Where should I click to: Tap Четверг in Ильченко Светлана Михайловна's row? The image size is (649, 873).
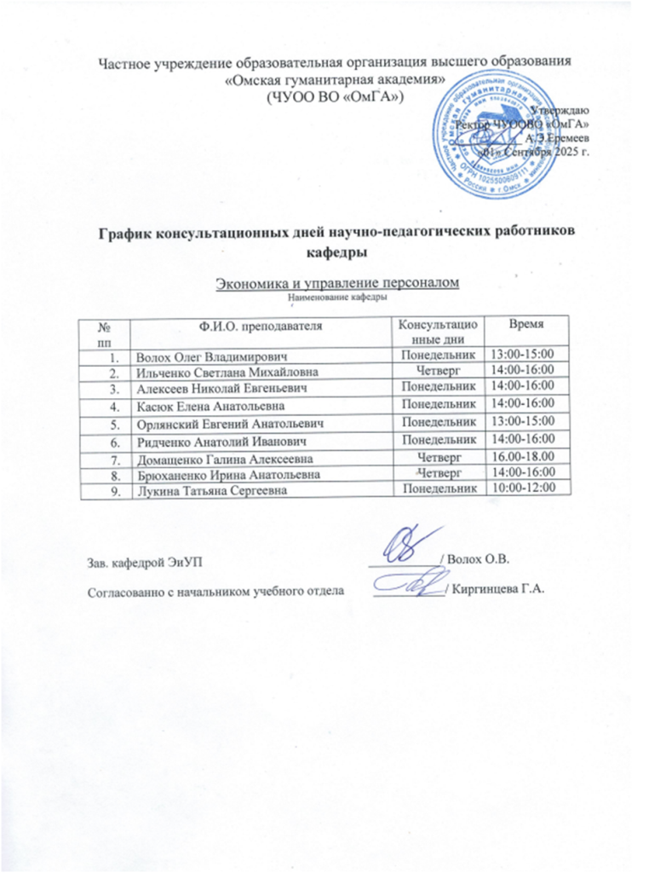pos(437,370)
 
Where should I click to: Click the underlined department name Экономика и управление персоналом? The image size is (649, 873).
pos(336,283)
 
